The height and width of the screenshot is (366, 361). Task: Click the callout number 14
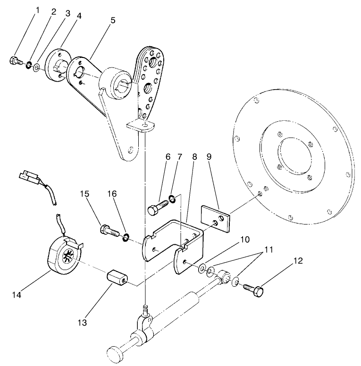[x=17, y=296]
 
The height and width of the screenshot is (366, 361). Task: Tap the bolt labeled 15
[x=108, y=231]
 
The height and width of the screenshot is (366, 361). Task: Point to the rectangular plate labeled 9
[x=215, y=217]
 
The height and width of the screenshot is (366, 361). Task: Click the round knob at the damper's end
[x=115, y=353]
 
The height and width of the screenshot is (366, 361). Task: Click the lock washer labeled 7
[x=173, y=199]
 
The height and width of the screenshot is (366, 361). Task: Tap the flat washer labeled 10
[x=201, y=268]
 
